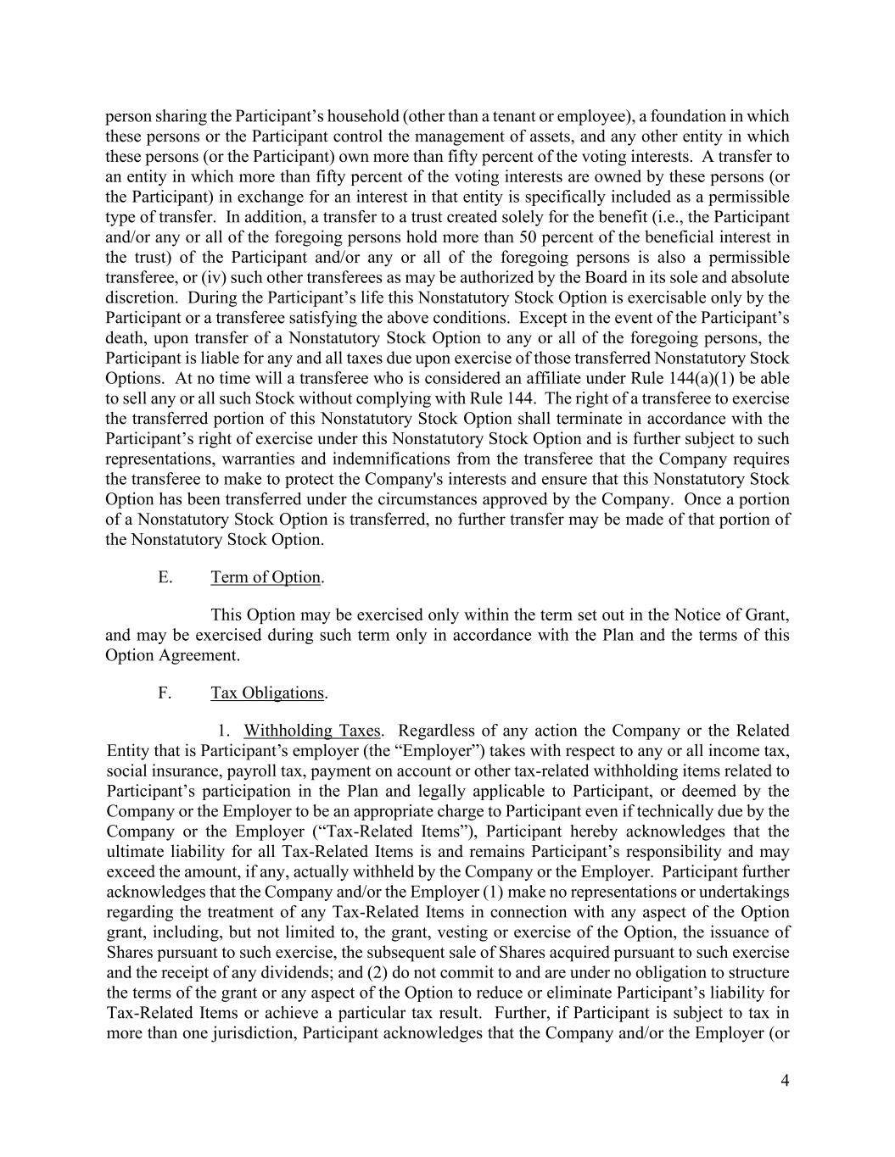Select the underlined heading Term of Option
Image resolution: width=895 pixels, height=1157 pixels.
pyautogui.click(x=266, y=577)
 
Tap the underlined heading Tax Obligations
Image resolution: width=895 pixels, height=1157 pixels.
pyautogui.click(x=267, y=693)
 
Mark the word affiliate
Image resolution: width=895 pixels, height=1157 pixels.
pyautogui.click(x=512, y=378)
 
